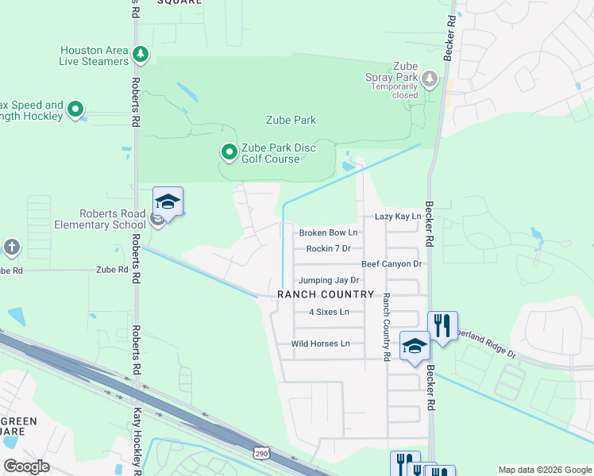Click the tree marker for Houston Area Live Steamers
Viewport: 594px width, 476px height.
[x=141, y=55]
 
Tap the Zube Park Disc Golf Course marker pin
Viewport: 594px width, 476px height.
[x=229, y=151]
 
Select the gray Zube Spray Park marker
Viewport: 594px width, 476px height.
[x=430, y=78]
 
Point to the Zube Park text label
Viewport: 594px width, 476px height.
[x=290, y=121]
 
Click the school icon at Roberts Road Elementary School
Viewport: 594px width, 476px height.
[x=168, y=202]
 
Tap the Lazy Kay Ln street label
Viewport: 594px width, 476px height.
[x=397, y=217]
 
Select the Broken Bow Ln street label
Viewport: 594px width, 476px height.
[x=328, y=232]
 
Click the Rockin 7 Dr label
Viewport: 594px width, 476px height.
[x=328, y=248]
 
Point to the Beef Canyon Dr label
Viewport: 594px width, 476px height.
[x=391, y=263]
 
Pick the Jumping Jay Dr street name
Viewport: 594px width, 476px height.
[x=328, y=280]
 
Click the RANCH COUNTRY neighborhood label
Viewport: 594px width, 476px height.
[x=325, y=294]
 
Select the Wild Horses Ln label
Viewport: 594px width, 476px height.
[x=320, y=344]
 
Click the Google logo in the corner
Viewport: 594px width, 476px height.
[x=26, y=466]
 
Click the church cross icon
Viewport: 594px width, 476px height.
[x=11, y=248]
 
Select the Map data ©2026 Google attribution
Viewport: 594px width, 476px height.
[x=544, y=470]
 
